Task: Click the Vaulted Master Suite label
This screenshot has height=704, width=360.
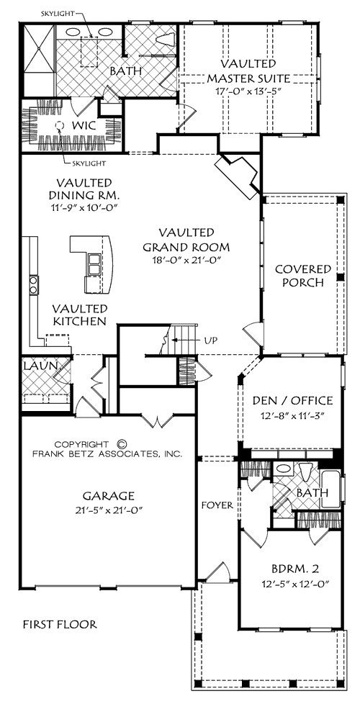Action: [x=248, y=71]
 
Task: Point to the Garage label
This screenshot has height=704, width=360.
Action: [x=108, y=496]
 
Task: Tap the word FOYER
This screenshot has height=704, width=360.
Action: [x=217, y=505]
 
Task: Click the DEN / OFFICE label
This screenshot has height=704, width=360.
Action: [x=292, y=400]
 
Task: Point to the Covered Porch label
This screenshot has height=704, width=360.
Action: [x=303, y=276]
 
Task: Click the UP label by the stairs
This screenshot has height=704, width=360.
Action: [x=210, y=340]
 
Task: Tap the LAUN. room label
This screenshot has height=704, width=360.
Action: [x=40, y=366]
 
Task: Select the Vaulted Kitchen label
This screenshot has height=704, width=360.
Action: [x=79, y=315]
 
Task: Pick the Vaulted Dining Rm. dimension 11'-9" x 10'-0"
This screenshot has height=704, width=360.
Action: [x=84, y=207]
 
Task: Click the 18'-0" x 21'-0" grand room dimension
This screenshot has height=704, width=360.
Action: [x=186, y=260]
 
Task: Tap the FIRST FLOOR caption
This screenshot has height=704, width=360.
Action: [x=60, y=624]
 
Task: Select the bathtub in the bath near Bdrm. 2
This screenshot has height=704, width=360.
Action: [x=331, y=491]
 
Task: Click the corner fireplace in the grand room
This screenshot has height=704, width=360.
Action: [x=237, y=176]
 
